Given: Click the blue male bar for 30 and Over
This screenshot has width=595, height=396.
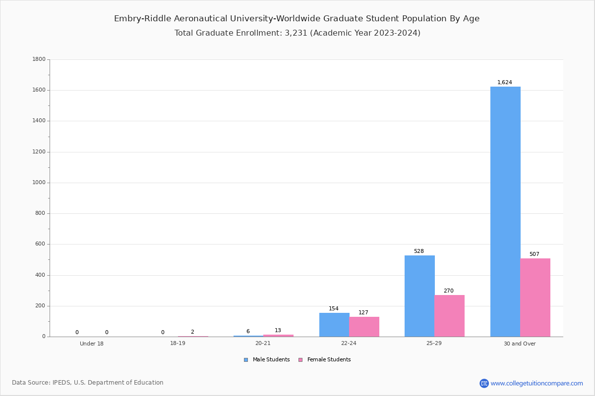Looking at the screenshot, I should click(505, 212).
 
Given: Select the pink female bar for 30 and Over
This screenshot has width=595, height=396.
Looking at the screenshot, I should click(535, 297).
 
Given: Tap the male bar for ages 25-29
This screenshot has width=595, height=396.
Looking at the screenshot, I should click(419, 296).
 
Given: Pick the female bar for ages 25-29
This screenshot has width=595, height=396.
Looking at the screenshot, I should click(449, 316).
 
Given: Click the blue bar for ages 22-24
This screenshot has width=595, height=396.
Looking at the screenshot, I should click(334, 325).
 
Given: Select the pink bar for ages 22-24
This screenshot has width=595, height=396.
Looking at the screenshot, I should click(364, 327).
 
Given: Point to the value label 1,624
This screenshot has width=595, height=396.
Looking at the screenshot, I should click(505, 83).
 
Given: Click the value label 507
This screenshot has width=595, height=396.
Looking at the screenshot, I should click(534, 254).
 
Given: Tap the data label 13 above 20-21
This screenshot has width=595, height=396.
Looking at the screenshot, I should click(278, 331).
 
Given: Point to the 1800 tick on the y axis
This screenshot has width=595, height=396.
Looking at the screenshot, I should click(39, 59).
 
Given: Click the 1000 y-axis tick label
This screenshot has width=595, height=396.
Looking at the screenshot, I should click(39, 183).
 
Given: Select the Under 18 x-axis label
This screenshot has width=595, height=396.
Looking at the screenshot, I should click(92, 344).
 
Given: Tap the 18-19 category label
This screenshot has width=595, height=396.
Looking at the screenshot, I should click(178, 344).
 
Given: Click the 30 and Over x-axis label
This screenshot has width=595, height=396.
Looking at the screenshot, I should click(520, 344).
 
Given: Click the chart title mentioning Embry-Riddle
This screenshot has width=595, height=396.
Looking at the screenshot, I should click(297, 19).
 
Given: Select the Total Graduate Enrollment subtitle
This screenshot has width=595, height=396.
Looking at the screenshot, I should click(297, 33).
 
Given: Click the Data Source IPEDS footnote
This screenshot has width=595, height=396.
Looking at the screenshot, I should click(88, 383).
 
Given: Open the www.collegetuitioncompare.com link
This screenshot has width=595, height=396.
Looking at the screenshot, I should click(536, 383).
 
